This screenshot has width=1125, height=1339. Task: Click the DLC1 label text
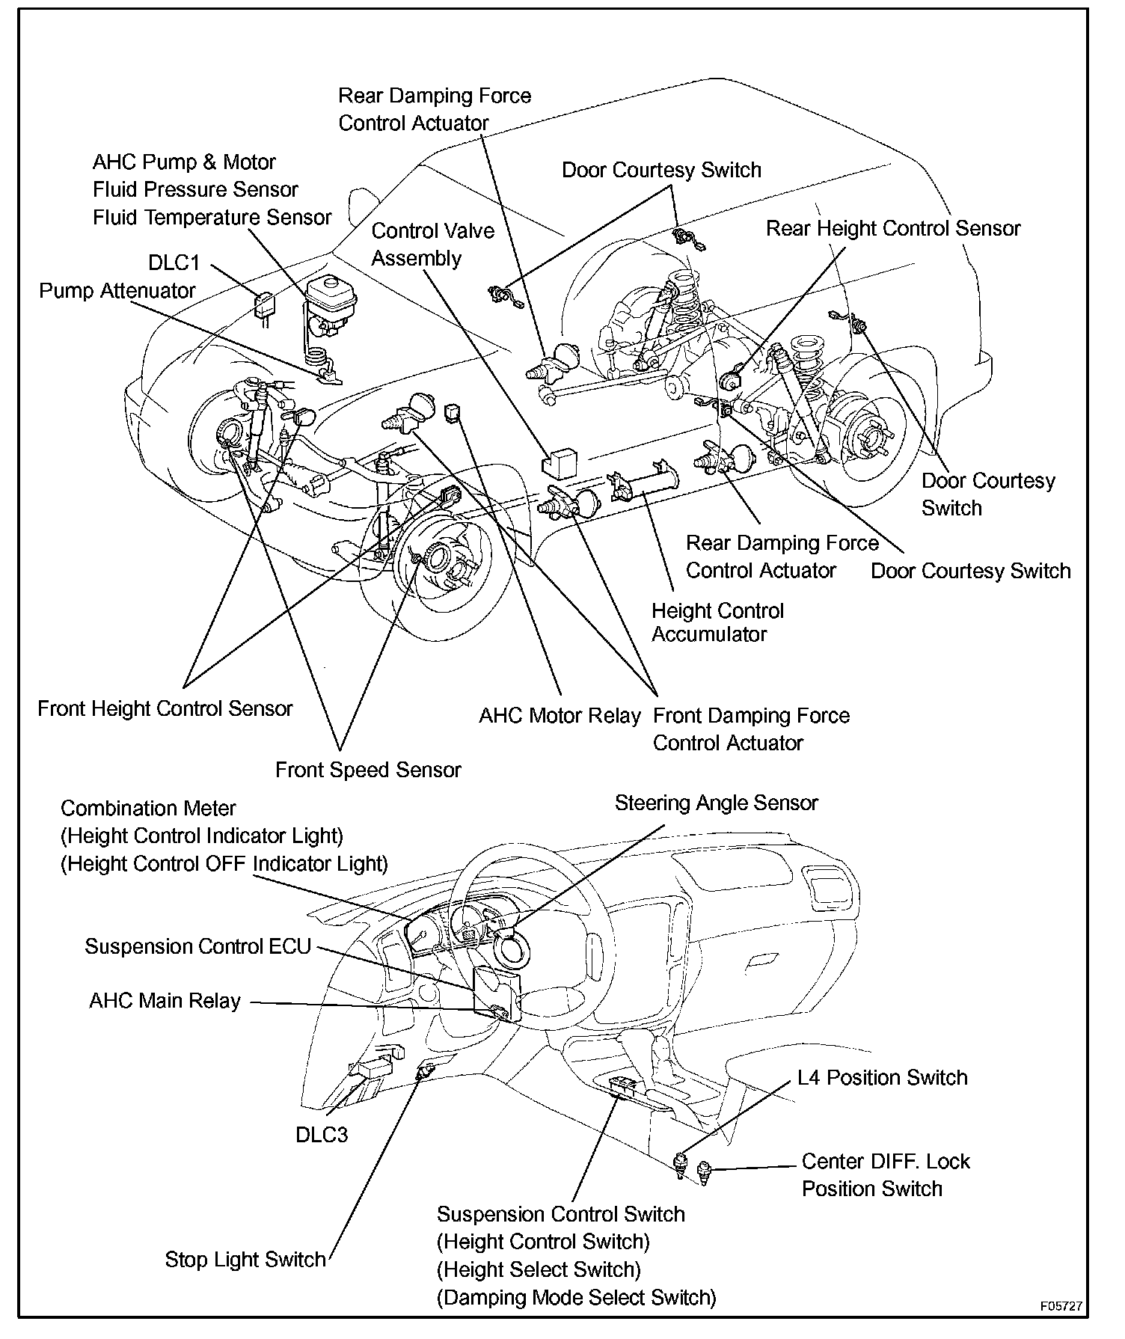point(174,263)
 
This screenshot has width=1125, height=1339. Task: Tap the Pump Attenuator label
point(117,291)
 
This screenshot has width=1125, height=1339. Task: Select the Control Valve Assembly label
point(432,245)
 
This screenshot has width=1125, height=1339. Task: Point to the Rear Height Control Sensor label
point(893,229)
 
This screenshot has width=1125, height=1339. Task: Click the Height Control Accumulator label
point(717,622)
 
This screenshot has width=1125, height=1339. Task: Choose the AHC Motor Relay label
point(560,717)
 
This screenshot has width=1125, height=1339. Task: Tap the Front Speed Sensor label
point(368,770)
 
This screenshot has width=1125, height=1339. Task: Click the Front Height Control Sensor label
point(165,709)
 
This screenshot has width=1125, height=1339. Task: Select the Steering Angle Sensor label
point(716,803)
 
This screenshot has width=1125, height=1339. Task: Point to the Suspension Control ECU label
point(197,947)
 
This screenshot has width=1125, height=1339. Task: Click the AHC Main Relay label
point(165,1002)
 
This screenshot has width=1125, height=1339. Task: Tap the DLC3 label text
point(322,1135)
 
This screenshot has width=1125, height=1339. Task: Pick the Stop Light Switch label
point(245,1260)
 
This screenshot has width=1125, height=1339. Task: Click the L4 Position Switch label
point(882,1078)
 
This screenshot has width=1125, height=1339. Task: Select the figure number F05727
point(1061,1306)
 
